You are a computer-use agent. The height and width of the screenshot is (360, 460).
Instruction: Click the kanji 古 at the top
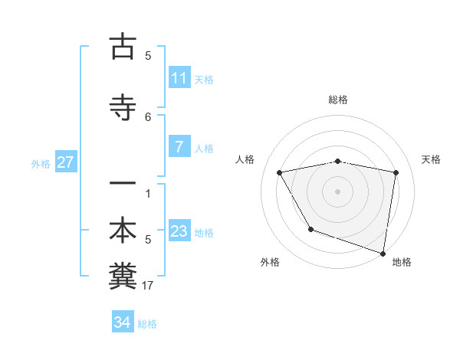(123, 47)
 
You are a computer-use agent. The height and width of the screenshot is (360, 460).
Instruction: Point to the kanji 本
(123, 231)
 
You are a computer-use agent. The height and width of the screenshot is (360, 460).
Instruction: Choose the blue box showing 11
(179, 78)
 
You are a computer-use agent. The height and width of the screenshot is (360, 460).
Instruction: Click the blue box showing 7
(179, 147)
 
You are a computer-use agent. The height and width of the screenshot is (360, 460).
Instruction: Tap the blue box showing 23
(179, 232)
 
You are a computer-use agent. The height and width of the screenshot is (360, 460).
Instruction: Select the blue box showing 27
(66, 162)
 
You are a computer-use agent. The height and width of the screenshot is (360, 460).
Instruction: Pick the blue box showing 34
(123, 323)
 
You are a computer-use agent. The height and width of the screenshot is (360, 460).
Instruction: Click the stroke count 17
(148, 286)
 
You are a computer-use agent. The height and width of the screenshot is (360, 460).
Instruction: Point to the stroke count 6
(148, 116)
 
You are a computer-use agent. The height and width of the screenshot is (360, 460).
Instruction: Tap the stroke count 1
(148, 193)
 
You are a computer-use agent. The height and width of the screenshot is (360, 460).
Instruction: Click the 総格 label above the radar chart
(338, 100)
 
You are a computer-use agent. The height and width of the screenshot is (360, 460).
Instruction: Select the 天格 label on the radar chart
(432, 159)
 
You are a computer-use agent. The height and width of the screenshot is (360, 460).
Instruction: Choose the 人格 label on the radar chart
(246, 159)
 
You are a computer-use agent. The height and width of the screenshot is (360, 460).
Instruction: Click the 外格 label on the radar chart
(270, 262)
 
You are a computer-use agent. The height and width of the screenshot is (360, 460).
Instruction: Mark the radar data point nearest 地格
(383, 252)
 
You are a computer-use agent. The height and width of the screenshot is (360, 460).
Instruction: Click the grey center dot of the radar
(338, 191)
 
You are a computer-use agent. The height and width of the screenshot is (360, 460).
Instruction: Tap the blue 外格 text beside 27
(41, 163)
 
